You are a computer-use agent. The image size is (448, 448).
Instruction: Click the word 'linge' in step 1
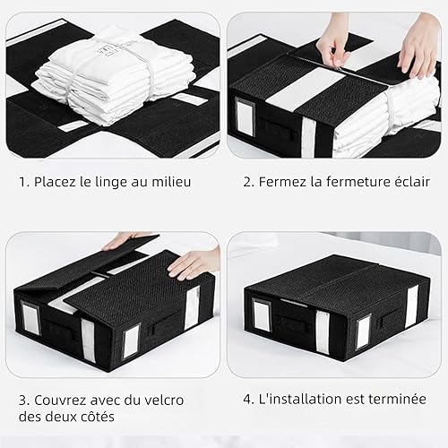[x=110, y=182]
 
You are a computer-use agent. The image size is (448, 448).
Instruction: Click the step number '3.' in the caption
[x=24, y=401]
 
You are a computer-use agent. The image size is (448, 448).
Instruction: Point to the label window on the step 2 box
[x=245, y=116]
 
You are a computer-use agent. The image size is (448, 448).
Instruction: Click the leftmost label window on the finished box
[x=262, y=314]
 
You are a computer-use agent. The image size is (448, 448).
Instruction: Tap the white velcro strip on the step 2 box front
[x=308, y=137]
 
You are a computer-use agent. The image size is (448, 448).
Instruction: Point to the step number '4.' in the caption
[x=248, y=400]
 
